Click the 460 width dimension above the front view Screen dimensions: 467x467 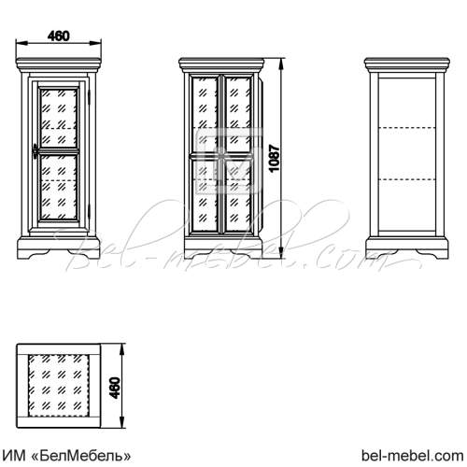pos(59,36)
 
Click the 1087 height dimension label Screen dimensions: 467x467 pos(275,158)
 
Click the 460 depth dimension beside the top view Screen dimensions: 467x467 pos(115,388)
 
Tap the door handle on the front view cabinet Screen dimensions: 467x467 pos(35,150)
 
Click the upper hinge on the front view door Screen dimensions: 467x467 pos(89,97)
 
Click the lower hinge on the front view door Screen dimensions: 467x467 pos(89,211)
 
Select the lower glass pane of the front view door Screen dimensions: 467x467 pos(58,187)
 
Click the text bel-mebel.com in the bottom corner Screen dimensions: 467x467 pos(413,456)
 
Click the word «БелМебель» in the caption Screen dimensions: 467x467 pos(81,457)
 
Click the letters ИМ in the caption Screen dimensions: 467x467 pos(15,457)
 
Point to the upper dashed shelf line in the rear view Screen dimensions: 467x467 pos(407,128)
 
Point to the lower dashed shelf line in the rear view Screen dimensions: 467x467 pos(407,179)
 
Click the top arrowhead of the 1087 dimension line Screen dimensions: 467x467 pos(281,64)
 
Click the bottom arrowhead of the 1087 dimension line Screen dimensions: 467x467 pos(281,253)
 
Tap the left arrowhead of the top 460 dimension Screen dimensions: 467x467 pos(21,44)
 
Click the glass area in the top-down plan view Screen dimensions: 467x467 pos(59,386)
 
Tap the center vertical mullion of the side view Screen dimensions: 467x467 pos(221,154)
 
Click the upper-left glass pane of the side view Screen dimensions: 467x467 pos(205,115)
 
